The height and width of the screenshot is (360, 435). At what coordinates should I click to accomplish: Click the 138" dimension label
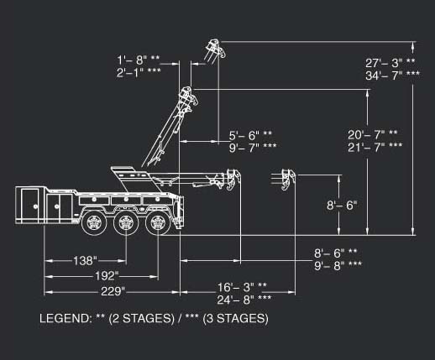click(x=85, y=261)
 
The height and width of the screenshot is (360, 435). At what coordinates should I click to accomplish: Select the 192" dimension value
click(x=107, y=276)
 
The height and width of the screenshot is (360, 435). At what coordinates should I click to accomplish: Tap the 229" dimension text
click(x=113, y=291)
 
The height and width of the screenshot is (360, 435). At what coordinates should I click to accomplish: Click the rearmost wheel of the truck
click(x=157, y=222)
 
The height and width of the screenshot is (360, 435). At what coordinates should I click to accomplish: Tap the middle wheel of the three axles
click(x=126, y=222)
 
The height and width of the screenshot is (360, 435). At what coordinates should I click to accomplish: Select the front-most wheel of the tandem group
click(x=94, y=222)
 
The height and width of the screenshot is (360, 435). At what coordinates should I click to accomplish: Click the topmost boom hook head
click(x=215, y=49)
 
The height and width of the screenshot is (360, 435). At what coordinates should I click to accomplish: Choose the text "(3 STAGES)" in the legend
click(x=235, y=319)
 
